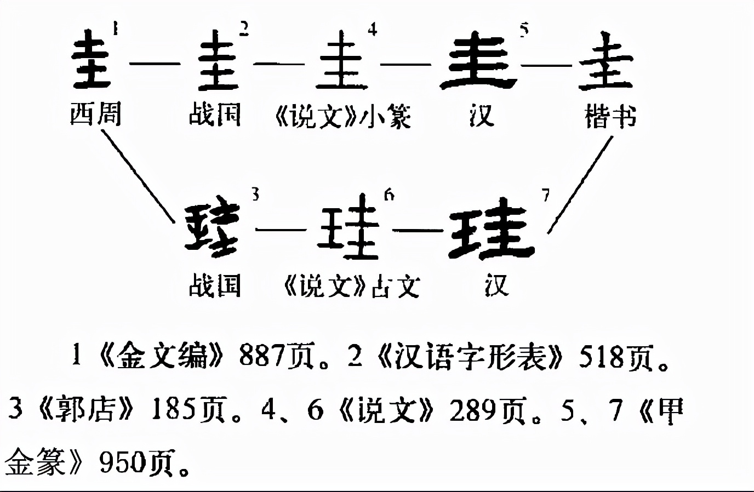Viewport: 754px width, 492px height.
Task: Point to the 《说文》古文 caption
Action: pos(351,287)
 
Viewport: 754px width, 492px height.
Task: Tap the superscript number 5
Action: pos(524,30)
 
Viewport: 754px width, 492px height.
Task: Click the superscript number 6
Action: pos(389,194)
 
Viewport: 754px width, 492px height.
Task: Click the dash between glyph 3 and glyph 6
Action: pos(281,229)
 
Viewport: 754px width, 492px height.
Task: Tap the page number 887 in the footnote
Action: pos(262,357)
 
